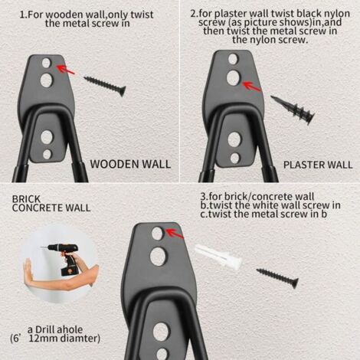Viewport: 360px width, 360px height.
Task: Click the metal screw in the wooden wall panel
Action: (x=105, y=86)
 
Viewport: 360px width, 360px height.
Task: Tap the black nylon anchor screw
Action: (x=293, y=110)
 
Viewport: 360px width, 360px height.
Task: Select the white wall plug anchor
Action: (x=218, y=256)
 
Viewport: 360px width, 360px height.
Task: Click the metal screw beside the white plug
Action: (x=277, y=278)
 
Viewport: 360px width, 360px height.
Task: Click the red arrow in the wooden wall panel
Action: (x=65, y=70)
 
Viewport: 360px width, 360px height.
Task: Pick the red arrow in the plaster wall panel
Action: (x=251, y=87)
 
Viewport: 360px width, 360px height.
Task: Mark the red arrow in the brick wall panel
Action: (x=175, y=234)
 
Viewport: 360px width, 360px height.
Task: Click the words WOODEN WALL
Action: (x=130, y=164)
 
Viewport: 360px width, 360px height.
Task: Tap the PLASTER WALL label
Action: (x=318, y=165)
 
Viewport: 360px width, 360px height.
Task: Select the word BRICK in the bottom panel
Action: (x=26, y=199)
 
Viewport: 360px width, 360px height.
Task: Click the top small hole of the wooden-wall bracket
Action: (x=46, y=63)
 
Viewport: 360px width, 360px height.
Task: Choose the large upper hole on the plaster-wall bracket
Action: (x=233, y=78)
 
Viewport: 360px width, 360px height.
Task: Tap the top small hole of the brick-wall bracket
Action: (x=157, y=234)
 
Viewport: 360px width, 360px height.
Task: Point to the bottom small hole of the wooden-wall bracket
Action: (x=47, y=155)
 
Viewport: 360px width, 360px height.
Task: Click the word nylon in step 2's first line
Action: (x=337, y=13)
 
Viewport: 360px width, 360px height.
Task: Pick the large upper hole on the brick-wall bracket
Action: (x=159, y=257)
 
